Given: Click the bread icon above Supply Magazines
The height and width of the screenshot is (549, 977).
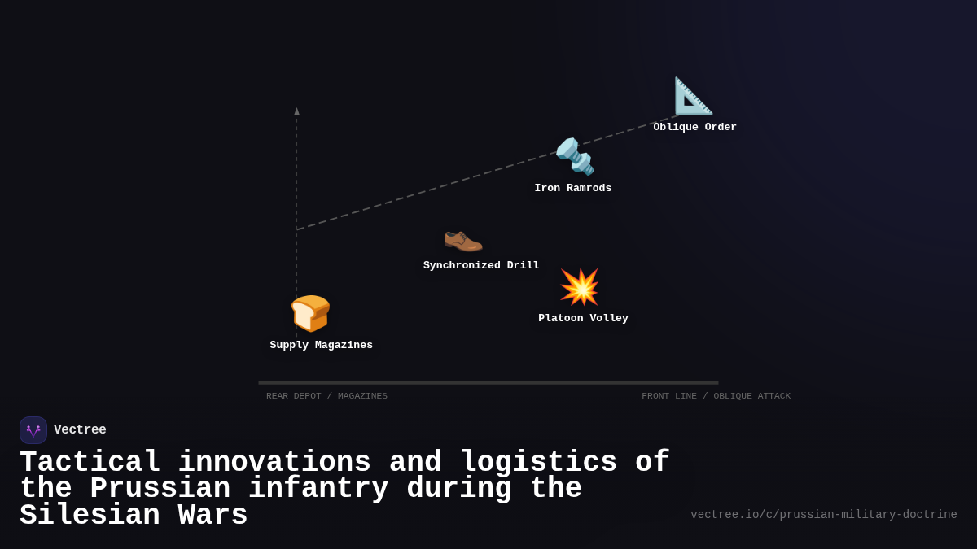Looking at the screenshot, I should (x=310, y=313).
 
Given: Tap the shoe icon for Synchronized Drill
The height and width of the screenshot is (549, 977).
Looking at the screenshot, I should (x=462, y=239).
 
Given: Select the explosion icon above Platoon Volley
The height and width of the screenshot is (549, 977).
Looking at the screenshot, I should (x=579, y=287).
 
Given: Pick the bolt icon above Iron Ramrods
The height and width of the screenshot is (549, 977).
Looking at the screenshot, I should (x=575, y=156).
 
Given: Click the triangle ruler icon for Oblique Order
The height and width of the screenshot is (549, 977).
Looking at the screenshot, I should (x=693, y=96).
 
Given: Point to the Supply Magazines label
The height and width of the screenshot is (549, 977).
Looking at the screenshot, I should (x=321, y=346).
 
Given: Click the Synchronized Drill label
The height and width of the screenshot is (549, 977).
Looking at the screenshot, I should (x=481, y=266).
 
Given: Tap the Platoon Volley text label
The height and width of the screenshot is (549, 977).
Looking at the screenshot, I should (x=583, y=319).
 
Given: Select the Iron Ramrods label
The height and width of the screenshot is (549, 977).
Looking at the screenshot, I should (x=572, y=189).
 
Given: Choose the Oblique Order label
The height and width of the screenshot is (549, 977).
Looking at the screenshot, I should (x=694, y=128).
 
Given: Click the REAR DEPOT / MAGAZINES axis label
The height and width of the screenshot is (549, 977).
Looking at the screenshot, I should (x=326, y=396).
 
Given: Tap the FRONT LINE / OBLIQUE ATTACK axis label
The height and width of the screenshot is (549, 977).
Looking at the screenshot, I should (x=716, y=396).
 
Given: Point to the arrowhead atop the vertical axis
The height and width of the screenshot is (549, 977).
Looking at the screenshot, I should (x=296, y=111).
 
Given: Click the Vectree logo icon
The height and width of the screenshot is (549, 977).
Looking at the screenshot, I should (x=33, y=430).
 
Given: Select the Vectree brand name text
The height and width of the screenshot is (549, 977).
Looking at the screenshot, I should (x=80, y=430).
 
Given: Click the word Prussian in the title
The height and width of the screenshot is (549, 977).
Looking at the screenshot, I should (x=160, y=489).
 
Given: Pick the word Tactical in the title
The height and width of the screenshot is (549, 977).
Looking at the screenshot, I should (x=90, y=463).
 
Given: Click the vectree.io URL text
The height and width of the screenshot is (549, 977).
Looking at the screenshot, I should (x=823, y=515).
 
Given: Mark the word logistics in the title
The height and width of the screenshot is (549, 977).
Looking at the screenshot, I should (x=538, y=463).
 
